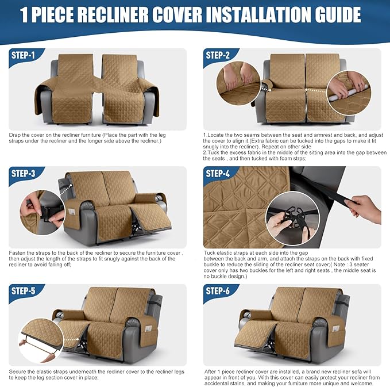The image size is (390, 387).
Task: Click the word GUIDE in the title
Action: (338, 15)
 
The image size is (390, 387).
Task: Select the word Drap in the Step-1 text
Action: (16, 135)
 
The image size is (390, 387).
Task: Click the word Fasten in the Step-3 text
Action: (18, 252)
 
